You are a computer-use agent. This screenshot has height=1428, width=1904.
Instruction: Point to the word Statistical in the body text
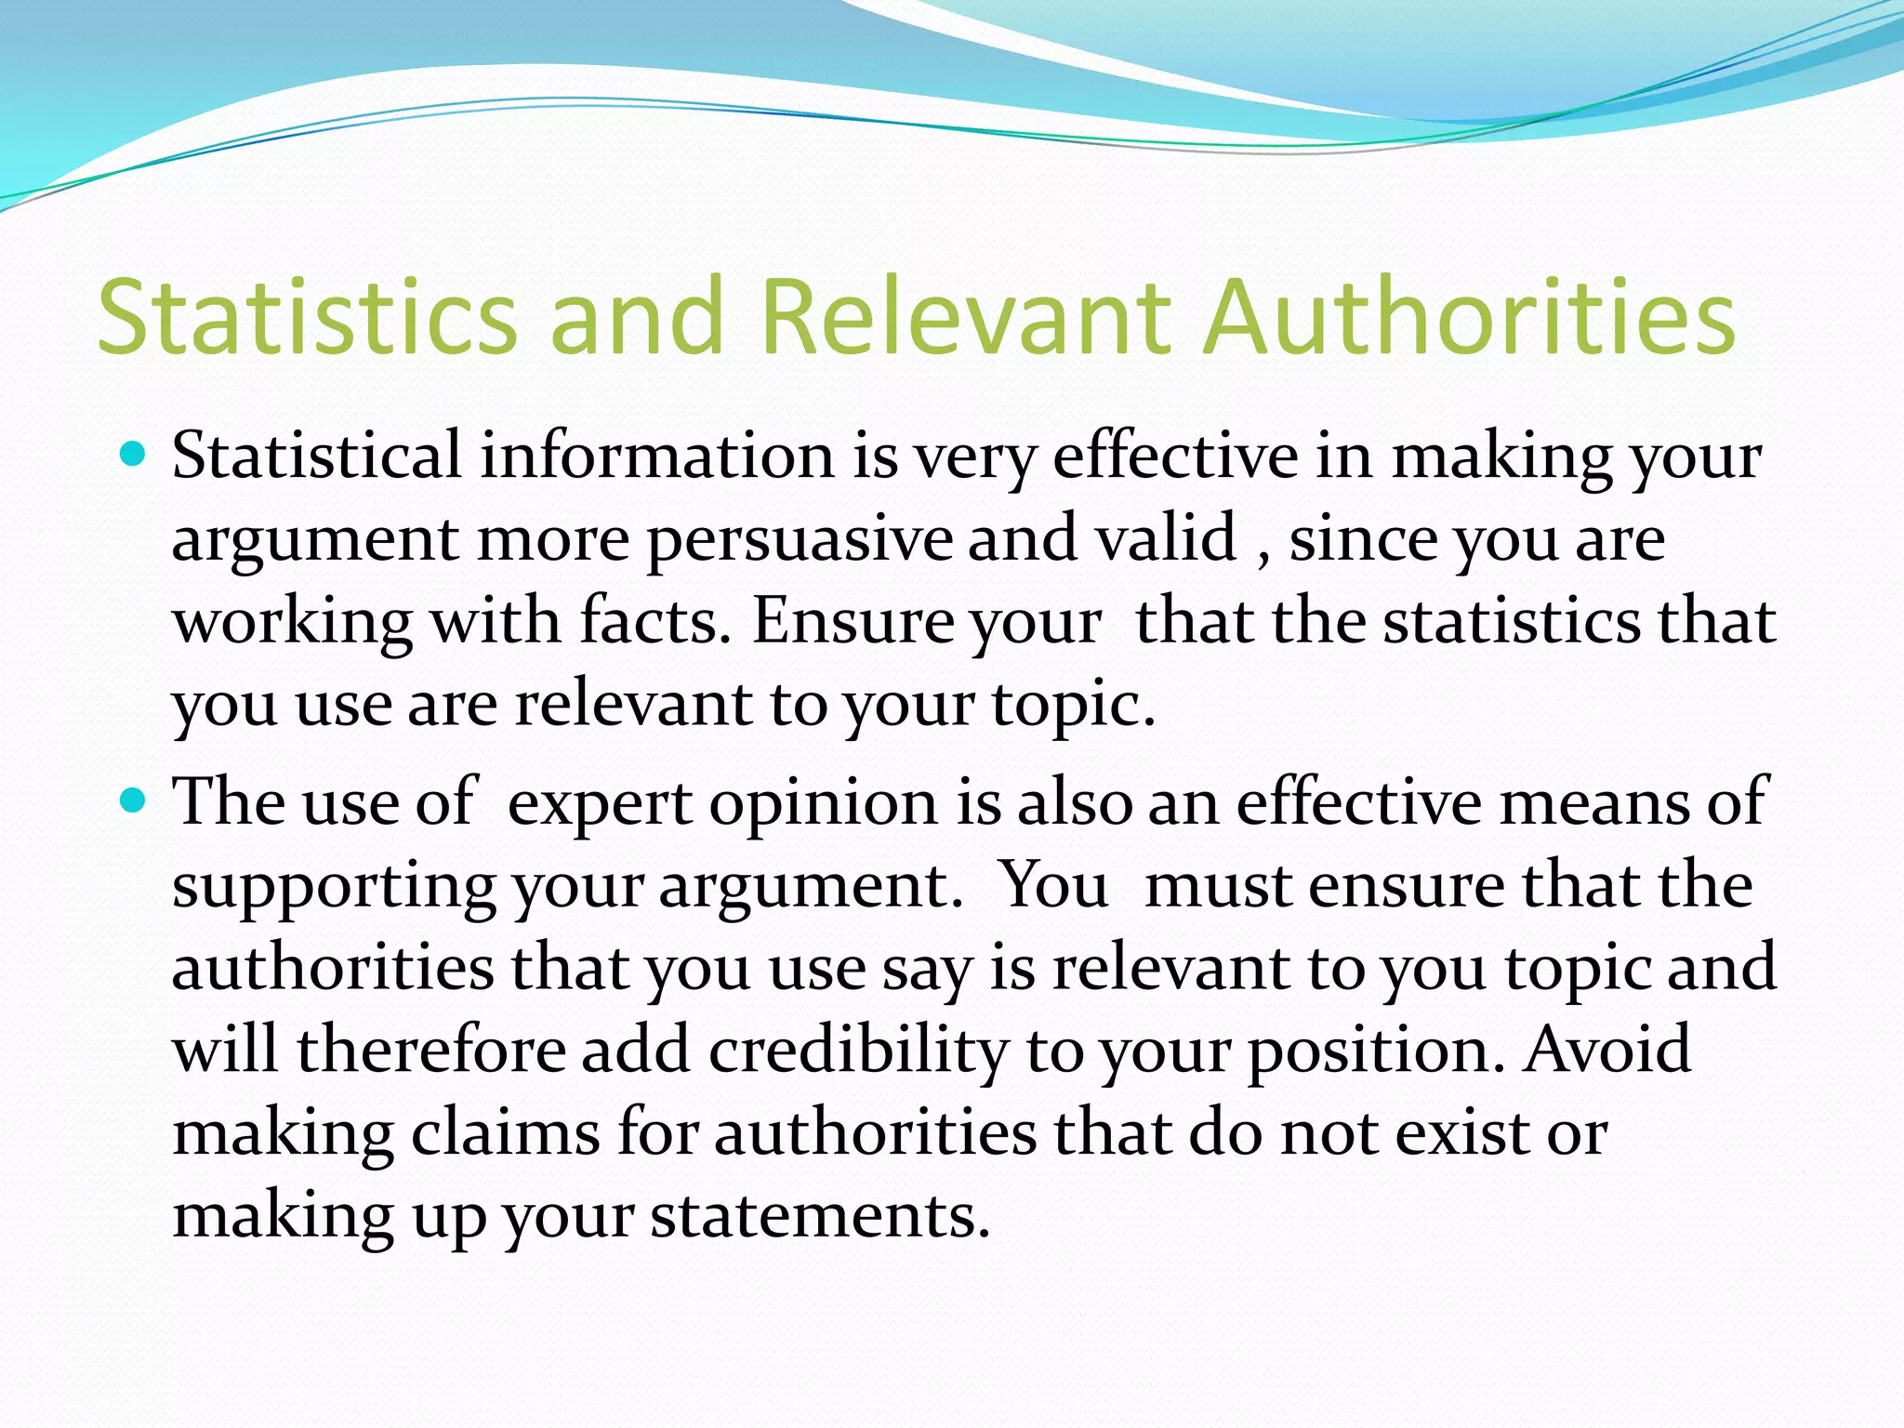316,456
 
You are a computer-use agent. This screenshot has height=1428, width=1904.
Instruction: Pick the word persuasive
800,539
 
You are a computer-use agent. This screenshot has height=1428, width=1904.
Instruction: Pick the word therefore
431,1051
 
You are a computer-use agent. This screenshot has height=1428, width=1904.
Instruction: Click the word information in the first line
657,456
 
